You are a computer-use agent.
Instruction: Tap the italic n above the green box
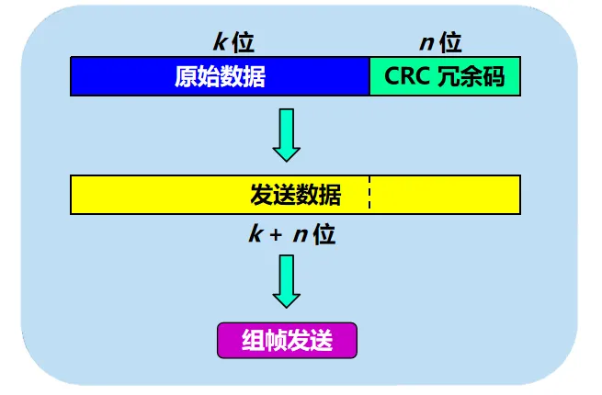(x=427, y=42)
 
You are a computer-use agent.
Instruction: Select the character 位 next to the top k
(x=243, y=42)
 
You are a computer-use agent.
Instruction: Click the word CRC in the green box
(x=405, y=76)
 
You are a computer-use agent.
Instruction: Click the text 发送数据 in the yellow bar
(x=295, y=195)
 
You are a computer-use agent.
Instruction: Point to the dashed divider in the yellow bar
(x=370, y=195)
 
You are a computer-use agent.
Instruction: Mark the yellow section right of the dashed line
(x=446, y=195)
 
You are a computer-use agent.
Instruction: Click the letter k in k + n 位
(x=256, y=234)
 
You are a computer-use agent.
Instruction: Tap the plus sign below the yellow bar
(x=277, y=234)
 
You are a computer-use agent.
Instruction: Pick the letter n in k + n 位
(x=301, y=234)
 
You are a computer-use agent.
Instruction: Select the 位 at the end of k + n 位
(x=324, y=234)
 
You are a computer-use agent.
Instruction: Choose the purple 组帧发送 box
(x=286, y=340)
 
